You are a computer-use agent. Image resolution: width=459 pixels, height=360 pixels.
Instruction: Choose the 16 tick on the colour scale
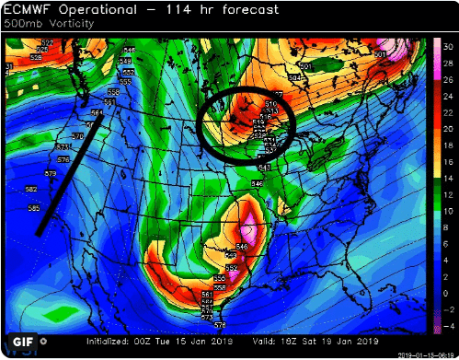tap(442, 161)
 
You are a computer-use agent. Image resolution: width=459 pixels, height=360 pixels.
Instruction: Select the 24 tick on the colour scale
tap(442, 96)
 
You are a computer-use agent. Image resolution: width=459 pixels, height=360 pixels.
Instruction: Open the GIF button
tap(22, 342)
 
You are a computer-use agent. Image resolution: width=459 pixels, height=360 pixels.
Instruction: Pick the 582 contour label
tap(31, 189)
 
